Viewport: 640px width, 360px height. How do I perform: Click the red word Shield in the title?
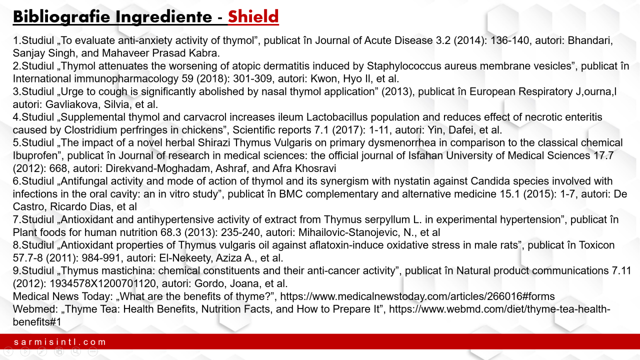click(253, 17)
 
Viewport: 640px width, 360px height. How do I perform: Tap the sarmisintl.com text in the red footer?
click(60, 342)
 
